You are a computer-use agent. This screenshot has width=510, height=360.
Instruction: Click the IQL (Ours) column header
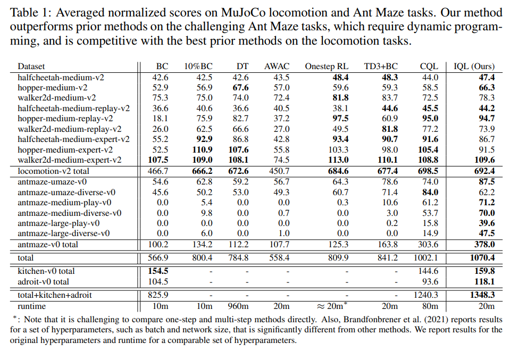pos(473,66)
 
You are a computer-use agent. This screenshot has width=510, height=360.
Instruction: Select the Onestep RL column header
pos(327,66)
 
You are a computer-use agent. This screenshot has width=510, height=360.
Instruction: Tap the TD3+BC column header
pos(381,66)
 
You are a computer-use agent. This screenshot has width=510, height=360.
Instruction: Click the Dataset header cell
pos(31,66)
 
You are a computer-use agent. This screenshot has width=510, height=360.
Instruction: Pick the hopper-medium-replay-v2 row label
pos(65,118)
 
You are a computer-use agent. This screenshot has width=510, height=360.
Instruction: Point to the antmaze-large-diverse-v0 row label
pos(63,233)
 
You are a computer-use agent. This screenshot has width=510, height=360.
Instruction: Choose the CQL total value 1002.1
pos(427,258)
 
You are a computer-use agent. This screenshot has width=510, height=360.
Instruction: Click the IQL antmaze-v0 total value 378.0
pos(484,245)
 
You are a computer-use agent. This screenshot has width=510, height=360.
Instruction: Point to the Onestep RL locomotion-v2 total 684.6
pos(337,171)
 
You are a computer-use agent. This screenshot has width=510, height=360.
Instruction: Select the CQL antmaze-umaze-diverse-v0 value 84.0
pos(429,192)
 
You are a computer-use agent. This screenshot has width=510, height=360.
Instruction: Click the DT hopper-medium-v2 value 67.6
pos(240,87)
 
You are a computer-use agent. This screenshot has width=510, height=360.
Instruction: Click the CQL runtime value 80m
pos(429,306)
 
